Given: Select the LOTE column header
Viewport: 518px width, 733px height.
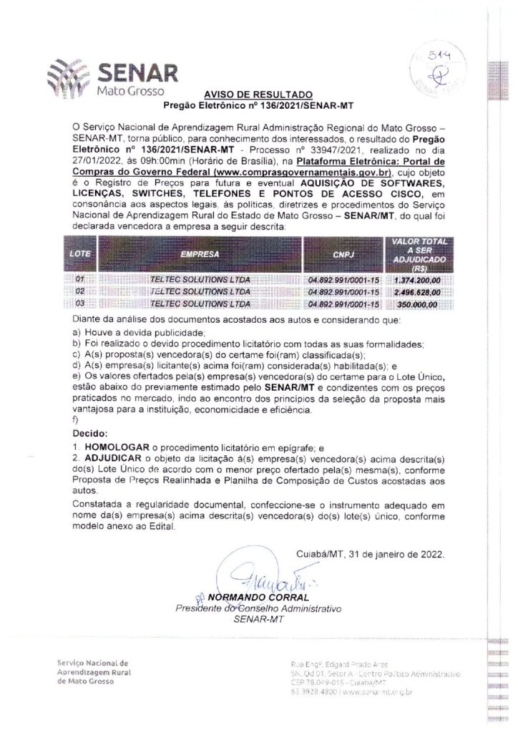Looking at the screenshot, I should [x=79, y=254].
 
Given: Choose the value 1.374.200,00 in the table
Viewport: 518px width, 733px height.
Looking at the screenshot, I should [x=416, y=281].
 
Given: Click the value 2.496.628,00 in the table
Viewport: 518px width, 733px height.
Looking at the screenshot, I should [x=416, y=292].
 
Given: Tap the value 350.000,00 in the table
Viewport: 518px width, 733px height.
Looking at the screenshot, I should [x=416, y=304].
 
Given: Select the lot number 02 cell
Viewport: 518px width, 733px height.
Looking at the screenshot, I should [x=79, y=292].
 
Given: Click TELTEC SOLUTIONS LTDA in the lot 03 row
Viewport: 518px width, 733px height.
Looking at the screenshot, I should [x=200, y=304].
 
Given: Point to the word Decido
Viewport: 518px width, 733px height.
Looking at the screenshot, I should [x=90, y=434].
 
